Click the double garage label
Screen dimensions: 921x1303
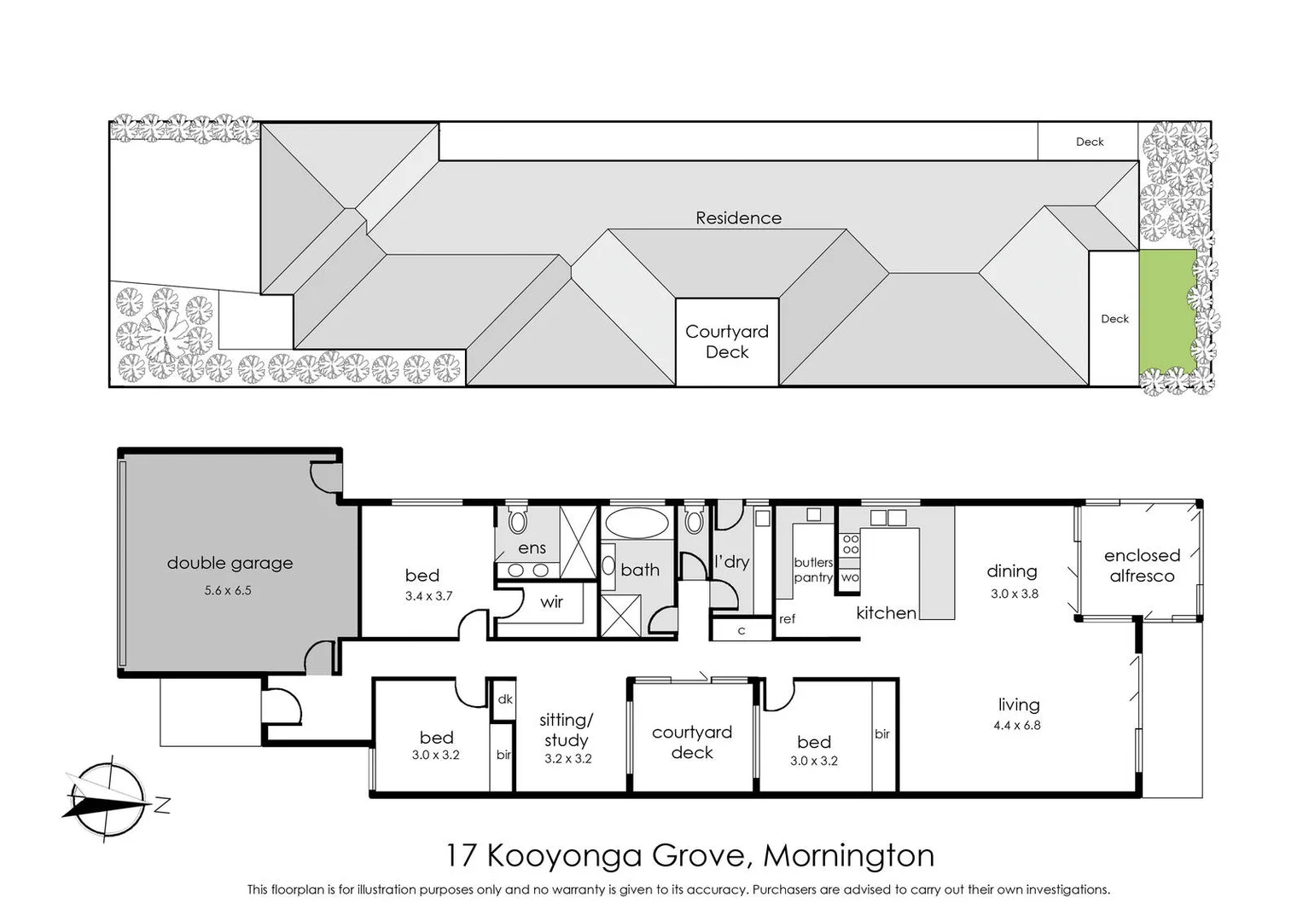(230, 563)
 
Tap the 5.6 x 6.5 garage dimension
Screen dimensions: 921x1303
(228, 590)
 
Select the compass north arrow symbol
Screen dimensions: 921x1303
(106, 798)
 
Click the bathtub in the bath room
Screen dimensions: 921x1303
(637, 523)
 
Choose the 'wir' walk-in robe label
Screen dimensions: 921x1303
(551, 602)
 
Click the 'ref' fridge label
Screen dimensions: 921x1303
(787, 619)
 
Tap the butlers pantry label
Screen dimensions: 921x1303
(813, 570)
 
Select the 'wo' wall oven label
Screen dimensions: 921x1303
(850, 577)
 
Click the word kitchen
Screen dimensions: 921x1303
(886, 612)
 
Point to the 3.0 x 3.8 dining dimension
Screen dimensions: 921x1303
(1014, 594)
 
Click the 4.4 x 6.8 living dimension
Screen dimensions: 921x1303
(1016, 725)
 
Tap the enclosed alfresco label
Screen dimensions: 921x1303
(1142, 565)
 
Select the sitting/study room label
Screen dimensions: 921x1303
(567, 730)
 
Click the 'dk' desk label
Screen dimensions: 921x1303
(505, 699)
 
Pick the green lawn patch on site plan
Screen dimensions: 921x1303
(1166, 310)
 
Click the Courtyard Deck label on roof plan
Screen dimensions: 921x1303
(727, 341)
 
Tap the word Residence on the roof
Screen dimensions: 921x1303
(738, 217)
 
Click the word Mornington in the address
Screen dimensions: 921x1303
(848, 855)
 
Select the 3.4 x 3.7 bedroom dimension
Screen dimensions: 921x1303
(428, 596)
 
